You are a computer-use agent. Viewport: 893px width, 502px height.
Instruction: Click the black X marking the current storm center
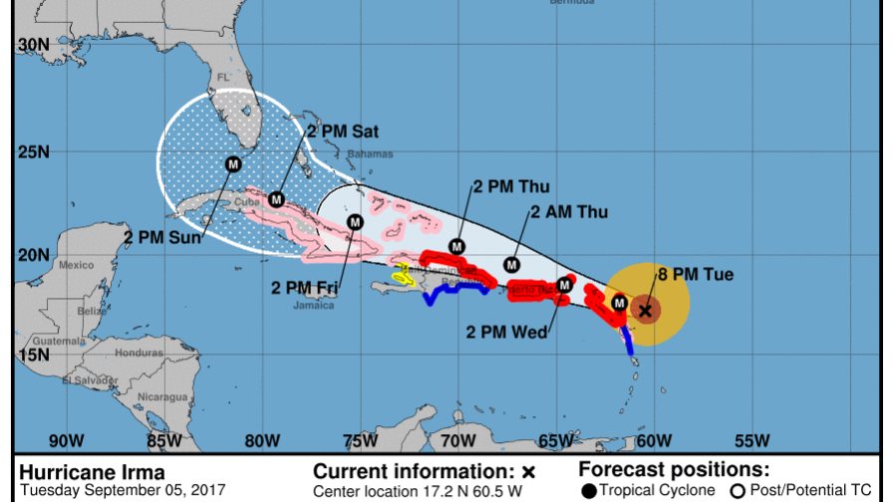click(x=645, y=311)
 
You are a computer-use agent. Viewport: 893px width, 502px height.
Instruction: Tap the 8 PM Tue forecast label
click(x=695, y=274)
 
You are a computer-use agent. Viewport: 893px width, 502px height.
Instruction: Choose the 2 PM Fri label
click(x=305, y=288)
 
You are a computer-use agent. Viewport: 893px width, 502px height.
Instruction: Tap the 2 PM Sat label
click(x=341, y=130)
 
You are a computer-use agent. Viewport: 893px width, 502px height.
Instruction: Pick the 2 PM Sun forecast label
click(x=161, y=237)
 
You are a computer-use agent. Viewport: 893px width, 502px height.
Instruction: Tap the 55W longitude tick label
click(x=751, y=441)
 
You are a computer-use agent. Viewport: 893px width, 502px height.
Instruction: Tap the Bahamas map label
click(x=370, y=154)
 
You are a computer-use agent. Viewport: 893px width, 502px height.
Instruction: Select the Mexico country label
click(x=75, y=265)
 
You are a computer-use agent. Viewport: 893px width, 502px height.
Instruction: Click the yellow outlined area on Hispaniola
click(x=403, y=274)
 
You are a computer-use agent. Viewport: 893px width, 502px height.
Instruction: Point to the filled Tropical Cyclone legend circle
click(x=590, y=490)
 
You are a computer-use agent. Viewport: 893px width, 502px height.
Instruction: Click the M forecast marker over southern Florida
click(x=233, y=163)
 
